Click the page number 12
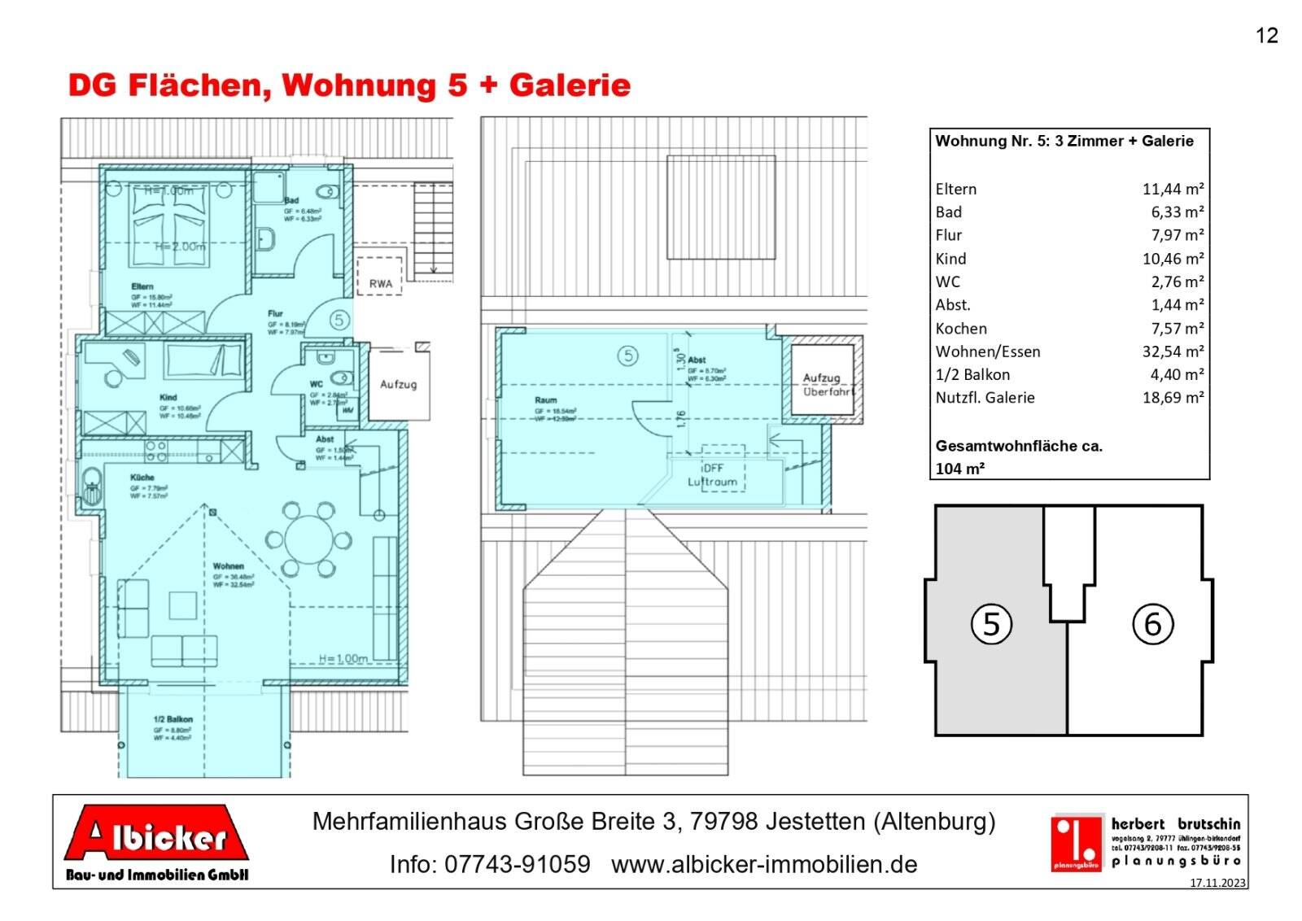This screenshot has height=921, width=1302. [x=1266, y=35]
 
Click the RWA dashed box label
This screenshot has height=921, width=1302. [x=380, y=283]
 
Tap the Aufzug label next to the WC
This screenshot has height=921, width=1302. [x=398, y=384]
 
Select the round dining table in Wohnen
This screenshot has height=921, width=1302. [x=308, y=539]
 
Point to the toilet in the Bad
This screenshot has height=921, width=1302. [x=329, y=193]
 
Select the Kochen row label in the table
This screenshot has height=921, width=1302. [x=961, y=329]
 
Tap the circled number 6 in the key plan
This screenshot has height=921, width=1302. [x=1152, y=624]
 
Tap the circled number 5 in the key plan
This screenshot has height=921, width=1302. [x=991, y=624]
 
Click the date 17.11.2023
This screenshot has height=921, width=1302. [x=1217, y=882]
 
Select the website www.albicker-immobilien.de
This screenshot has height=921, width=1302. [x=763, y=864]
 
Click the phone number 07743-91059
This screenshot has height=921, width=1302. [x=517, y=864]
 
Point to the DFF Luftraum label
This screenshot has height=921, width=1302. [x=713, y=475]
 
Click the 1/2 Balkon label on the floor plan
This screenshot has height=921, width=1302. [x=173, y=719]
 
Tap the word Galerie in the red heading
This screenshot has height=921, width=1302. [x=570, y=85]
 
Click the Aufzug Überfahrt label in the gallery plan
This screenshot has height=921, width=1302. [x=826, y=385]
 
